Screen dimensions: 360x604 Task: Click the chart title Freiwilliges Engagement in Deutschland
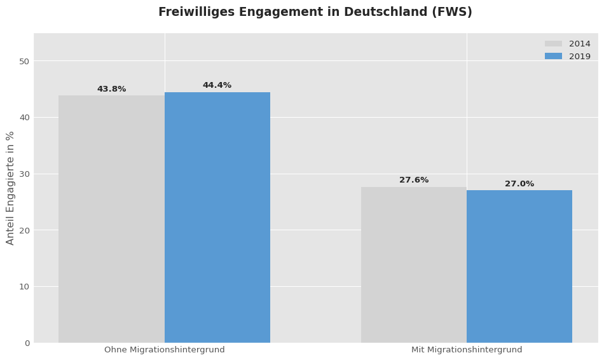pyautogui.click(x=315, y=13)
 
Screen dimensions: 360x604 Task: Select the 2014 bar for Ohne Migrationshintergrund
pyautogui.click(x=111, y=219)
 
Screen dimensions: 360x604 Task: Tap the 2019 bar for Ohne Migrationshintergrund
pyautogui.click(x=217, y=218)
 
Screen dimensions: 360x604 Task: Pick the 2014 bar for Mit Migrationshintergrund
pyautogui.click(x=414, y=265)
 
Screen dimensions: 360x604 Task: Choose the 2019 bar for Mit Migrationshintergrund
pyautogui.click(x=519, y=267)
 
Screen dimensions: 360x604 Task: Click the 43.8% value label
pyautogui.click(x=111, y=90)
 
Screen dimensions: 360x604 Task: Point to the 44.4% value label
pyautogui.click(x=217, y=86)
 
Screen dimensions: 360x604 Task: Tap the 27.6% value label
pyautogui.click(x=414, y=181)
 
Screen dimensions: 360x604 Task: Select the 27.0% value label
pyautogui.click(x=519, y=184)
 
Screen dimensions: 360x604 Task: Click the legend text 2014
pyautogui.click(x=579, y=45)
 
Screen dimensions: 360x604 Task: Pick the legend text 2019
pyautogui.click(x=579, y=57)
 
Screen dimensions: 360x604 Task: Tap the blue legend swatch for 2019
pyautogui.click(x=553, y=57)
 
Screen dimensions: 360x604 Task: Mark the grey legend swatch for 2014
pyautogui.click(x=553, y=45)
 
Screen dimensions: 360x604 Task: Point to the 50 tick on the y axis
pyautogui.click(x=24, y=62)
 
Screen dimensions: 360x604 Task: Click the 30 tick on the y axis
pyautogui.click(x=24, y=174)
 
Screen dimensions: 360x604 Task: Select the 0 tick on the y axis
pyautogui.click(x=27, y=343)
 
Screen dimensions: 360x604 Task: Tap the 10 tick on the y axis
pyautogui.click(x=24, y=287)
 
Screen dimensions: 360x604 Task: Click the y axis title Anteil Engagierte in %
pyautogui.click(x=11, y=188)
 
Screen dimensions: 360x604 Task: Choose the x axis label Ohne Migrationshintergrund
pyautogui.click(x=165, y=350)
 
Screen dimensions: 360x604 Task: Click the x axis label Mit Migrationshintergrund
pyautogui.click(x=467, y=350)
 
